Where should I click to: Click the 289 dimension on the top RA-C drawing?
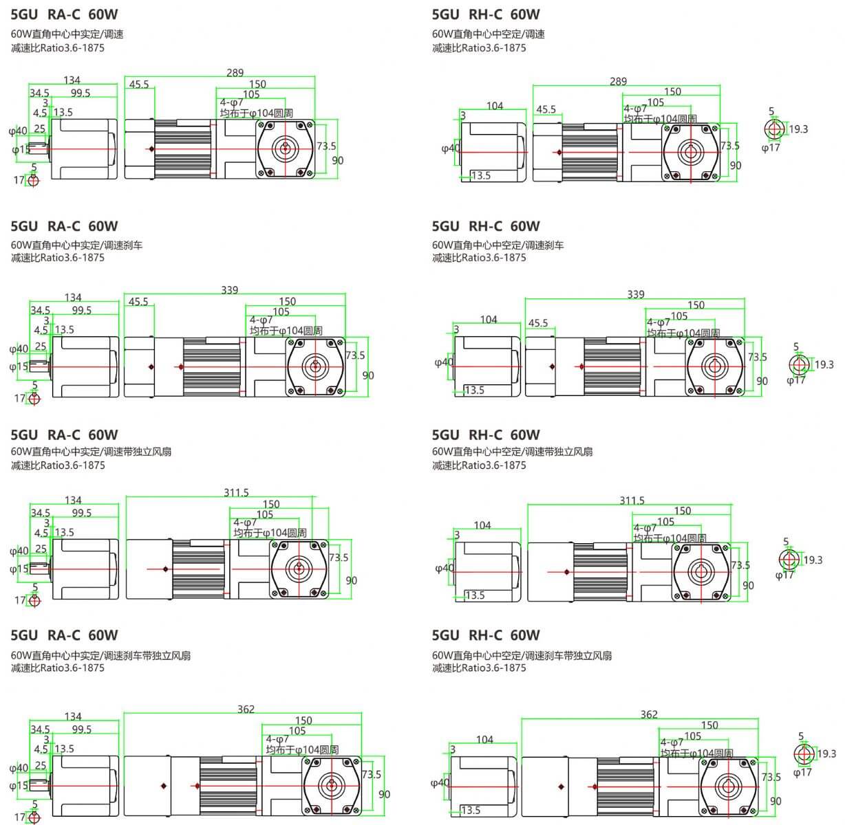(235, 73)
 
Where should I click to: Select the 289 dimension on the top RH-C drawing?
(618, 81)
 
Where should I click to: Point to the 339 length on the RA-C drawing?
(230, 290)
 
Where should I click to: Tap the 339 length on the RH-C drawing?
(635, 294)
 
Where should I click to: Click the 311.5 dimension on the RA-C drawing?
(236, 492)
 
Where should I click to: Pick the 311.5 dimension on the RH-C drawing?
(632, 500)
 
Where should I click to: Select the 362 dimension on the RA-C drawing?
(246, 709)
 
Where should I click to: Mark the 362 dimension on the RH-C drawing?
(649, 714)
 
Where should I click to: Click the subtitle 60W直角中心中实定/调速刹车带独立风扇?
(100, 655)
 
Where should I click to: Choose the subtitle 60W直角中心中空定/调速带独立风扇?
(512, 452)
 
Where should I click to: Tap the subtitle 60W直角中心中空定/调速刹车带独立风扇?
(522, 655)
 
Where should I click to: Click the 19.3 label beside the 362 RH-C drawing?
(826, 753)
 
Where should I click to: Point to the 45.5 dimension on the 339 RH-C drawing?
(538, 323)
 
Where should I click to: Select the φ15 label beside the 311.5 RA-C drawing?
(19, 569)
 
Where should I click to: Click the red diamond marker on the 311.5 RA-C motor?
(166, 569)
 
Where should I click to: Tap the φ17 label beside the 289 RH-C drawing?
(771, 147)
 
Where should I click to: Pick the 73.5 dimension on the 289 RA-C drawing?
(326, 146)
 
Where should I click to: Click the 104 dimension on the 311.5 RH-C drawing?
(482, 525)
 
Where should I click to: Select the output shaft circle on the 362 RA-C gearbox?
(332, 785)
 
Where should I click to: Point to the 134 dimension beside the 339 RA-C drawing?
(73, 298)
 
